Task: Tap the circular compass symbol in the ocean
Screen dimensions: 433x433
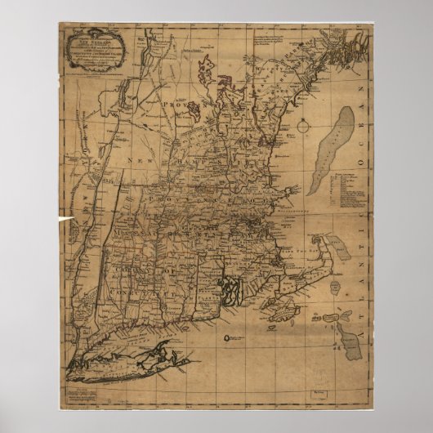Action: point(303,126)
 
